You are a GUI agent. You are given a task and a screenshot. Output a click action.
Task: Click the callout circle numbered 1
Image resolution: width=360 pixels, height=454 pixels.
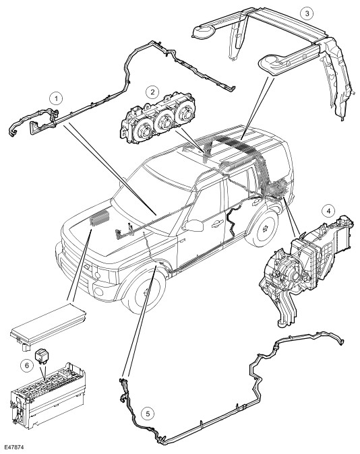(x=56, y=98)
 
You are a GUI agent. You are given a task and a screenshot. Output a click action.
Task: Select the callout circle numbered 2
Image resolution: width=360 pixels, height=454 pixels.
(x=152, y=92)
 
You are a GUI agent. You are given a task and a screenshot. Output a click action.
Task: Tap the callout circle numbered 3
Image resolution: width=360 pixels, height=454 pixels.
(x=307, y=13)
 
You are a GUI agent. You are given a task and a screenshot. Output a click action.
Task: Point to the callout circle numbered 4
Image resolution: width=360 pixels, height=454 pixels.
(x=328, y=211)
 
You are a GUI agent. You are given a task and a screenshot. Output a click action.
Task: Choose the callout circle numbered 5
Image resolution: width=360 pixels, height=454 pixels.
(x=148, y=414)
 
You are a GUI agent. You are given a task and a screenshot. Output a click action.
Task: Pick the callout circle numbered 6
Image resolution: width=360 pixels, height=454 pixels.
(x=27, y=366)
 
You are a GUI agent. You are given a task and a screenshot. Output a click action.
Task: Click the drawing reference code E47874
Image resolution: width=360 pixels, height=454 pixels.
(x=14, y=447)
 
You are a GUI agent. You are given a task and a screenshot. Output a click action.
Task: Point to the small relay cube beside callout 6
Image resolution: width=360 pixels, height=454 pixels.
(x=40, y=356)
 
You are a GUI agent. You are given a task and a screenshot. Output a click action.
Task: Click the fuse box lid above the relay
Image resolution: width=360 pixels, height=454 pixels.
(x=49, y=325)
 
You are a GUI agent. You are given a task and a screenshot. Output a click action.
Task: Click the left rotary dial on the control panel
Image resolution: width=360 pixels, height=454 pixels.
(x=144, y=131)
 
